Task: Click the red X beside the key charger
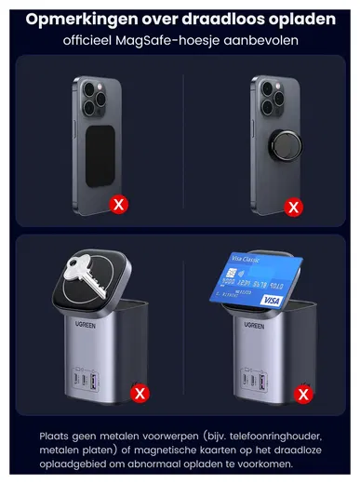140,394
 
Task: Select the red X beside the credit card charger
303,395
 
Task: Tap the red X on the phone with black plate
118,205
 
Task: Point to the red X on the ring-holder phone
293,207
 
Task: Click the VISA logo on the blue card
272,300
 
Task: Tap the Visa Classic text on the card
245,259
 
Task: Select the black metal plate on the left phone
100,156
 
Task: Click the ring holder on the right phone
286,145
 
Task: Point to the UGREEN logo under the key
86,325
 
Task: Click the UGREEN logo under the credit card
254,325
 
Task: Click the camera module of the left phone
94,100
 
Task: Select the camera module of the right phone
272,99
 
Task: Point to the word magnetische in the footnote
165,450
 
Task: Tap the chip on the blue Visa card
231,273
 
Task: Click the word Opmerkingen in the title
82,20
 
